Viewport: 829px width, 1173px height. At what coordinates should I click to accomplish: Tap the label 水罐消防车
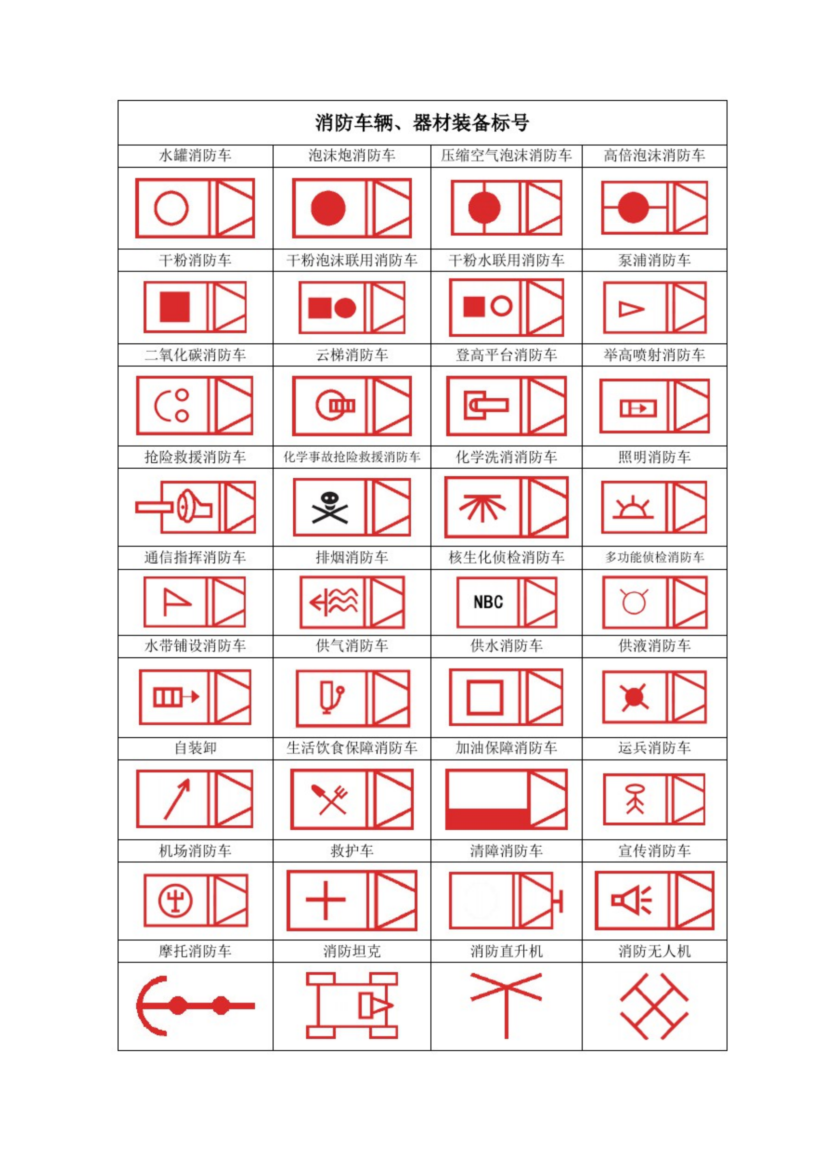tap(195, 155)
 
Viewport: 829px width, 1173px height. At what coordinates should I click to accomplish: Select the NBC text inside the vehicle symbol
tap(488, 602)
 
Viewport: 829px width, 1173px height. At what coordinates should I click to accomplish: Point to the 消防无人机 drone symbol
tap(654, 1006)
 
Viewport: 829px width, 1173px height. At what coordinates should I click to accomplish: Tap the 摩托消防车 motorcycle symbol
tap(195, 1006)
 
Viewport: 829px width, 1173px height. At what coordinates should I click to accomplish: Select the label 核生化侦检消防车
tap(506, 557)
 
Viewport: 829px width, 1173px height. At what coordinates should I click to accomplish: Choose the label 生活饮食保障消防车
tap(352, 748)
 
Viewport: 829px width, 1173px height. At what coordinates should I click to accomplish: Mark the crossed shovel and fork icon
tap(329, 799)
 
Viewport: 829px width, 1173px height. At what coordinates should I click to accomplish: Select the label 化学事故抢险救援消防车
tap(352, 457)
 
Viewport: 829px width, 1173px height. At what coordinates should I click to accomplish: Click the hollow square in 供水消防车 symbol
tap(485, 697)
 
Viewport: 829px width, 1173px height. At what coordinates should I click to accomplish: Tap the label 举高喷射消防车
tap(654, 355)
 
